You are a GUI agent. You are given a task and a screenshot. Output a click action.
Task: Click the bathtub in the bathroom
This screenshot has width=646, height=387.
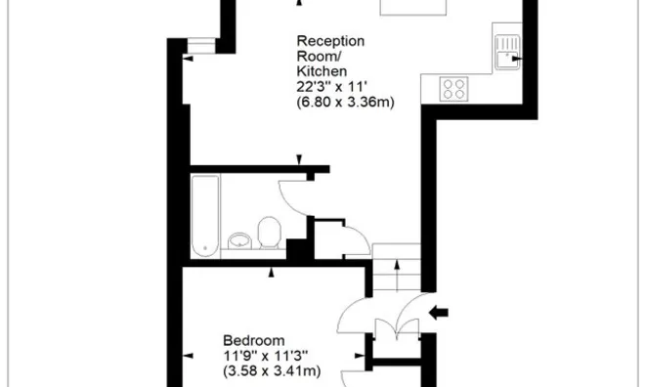pyautogui.click(x=205, y=216)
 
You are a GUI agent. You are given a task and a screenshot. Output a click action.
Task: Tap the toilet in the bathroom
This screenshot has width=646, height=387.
pyautogui.click(x=270, y=233)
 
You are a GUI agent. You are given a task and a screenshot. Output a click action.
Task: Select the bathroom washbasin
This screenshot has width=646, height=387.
pyautogui.click(x=239, y=241)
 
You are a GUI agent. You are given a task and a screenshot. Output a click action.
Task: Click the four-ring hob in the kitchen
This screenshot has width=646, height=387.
pyautogui.click(x=453, y=89)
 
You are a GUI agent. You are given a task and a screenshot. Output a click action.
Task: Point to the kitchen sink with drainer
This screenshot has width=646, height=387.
pyautogui.click(x=507, y=53)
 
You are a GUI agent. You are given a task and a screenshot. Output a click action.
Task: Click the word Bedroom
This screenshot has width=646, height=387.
pyautogui.click(x=254, y=341)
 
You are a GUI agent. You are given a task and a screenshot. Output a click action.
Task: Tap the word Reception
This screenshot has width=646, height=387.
pyautogui.click(x=330, y=41)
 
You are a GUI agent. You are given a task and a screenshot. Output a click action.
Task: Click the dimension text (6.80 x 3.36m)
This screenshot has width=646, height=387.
pyautogui.click(x=345, y=102)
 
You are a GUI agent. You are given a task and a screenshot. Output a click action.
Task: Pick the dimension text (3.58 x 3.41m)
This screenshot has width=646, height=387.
pyautogui.click(x=272, y=371)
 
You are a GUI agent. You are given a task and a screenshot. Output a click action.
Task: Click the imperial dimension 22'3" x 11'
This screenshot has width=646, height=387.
pyautogui.click(x=331, y=87)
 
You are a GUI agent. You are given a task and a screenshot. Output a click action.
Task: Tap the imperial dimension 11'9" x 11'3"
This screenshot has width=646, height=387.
pyautogui.click(x=266, y=356)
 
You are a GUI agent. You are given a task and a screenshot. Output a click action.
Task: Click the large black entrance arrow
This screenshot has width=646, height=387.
pyautogui.click(x=439, y=313)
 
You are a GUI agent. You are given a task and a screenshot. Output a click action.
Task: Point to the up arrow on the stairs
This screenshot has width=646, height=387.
pyautogui.click(x=397, y=275)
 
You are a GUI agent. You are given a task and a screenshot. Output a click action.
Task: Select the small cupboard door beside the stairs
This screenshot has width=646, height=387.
pyautogui.click(x=358, y=239)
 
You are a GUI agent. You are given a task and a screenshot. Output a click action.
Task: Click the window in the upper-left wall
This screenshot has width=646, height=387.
pyautogui.click(x=201, y=46)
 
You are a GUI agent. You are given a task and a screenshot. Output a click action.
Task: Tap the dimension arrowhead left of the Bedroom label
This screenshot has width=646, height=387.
pyautogui.click(x=188, y=356)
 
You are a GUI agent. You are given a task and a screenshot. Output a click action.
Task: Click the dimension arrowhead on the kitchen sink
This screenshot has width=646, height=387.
pyautogui.click(x=517, y=59)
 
